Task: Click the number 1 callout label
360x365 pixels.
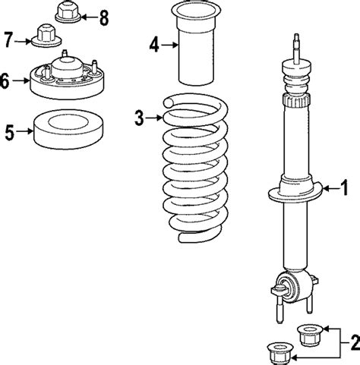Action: [x=344, y=186]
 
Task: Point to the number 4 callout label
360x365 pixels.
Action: [x=154, y=46]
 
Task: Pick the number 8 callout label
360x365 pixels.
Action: [x=103, y=14]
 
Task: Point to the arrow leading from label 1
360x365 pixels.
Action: [x=328, y=186]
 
